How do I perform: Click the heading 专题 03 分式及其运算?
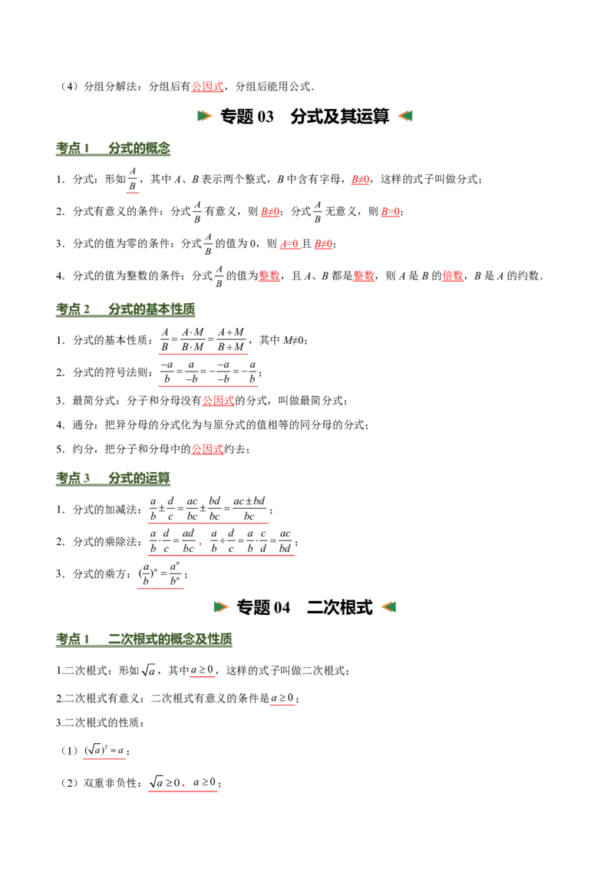pyautogui.click(x=305, y=117)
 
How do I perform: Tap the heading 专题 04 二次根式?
pyautogui.click(x=305, y=607)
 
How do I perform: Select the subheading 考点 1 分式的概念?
pyautogui.click(x=113, y=148)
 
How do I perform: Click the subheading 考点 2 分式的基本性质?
pyautogui.click(x=125, y=309)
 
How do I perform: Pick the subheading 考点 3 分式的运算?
pyautogui.click(x=113, y=477)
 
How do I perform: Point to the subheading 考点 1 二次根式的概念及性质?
pyautogui.click(x=144, y=639)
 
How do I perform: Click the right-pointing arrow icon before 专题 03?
pyautogui.click(x=204, y=116)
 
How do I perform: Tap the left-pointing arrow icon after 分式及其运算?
pyautogui.click(x=405, y=116)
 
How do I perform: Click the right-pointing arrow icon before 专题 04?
pyautogui.click(x=221, y=607)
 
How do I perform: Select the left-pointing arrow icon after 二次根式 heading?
pyautogui.click(x=388, y=607)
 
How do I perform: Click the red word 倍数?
pyautogui.click(x=453, y=276)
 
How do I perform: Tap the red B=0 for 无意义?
pyautogui.click(x=390, y=211)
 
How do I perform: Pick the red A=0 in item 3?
pyautogui.click(x=289, y=243)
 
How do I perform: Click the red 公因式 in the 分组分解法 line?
pyautogui.click(x=207, y=87)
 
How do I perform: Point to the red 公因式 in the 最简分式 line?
pyautogui.click(x=218, y=400)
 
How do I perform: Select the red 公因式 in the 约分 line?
pyautogui.click(x=207, y=449)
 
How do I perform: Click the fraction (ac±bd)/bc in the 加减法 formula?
pyautogui.click(x=249, y=509)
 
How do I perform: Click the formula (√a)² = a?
pyautogui.click(x=104, y=751)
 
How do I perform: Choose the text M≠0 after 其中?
pyautogui.click(x=293, y=340)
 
